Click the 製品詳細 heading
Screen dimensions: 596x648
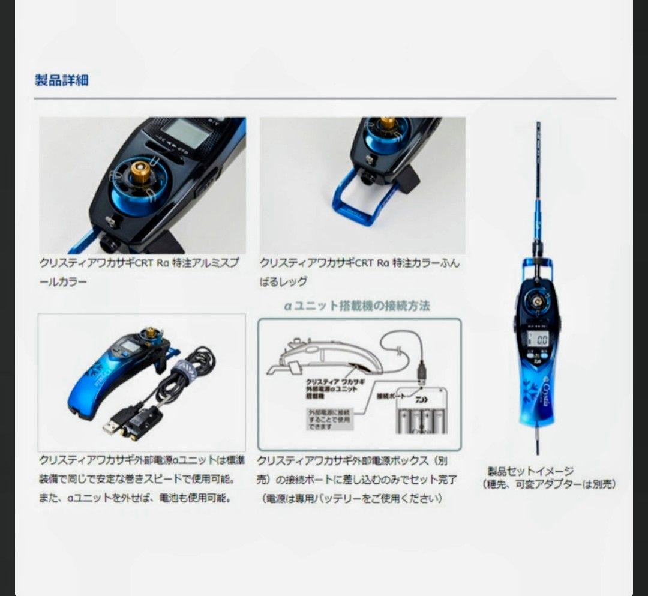[x=62, y=80]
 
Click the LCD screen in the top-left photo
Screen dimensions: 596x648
[x=182, y=130]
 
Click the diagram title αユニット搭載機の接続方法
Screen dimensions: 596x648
[x=357, y=306]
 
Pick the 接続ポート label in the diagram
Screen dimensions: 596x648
[x=391, y=397]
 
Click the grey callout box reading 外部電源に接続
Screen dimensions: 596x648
[x=328, y=418]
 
